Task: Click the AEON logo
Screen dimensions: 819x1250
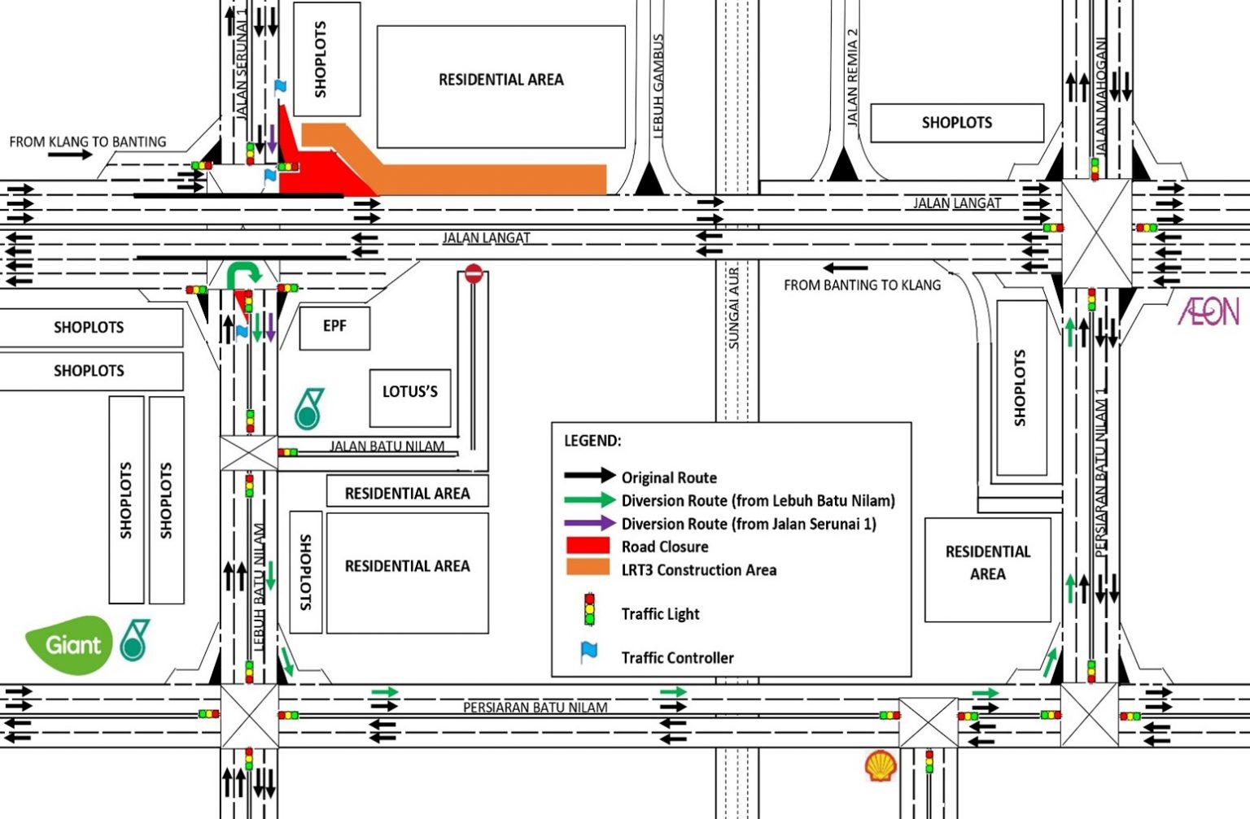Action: point(1208,311)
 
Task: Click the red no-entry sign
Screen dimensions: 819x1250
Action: point(474,274)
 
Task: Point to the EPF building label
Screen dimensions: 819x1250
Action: point(334,326)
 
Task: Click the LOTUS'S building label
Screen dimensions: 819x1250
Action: point(409,391)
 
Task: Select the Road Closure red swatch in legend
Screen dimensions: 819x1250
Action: point(588,546)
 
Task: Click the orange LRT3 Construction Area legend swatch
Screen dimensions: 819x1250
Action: point(588,569)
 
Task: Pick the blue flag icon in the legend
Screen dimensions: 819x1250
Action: point(588,652)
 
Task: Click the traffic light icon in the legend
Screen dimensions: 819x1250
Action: point(589,610)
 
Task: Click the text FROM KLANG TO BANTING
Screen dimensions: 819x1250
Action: point(88,142)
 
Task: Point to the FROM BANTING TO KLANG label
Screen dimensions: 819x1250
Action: point(862,285)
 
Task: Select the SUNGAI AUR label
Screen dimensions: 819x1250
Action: point(734,309)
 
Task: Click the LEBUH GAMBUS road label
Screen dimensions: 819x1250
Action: point(658,85)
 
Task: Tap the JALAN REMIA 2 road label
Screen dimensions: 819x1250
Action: point(852,77)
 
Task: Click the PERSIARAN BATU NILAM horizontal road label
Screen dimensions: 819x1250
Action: point(535,708)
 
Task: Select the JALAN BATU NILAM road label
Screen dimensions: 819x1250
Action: point(387,446)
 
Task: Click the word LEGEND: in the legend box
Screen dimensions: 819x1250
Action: point(592,441)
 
